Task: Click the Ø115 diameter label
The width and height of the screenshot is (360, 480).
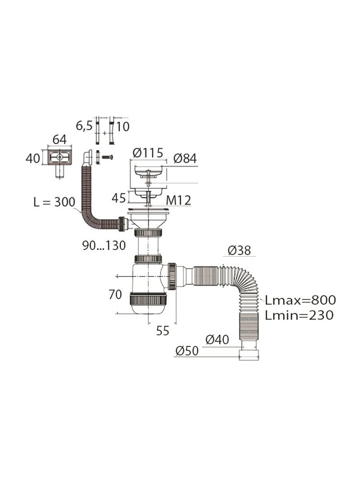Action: [x=148, y=153]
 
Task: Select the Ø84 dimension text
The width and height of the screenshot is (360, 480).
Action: [x=185, y=158]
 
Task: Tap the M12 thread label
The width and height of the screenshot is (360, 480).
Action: [x=179, y=201]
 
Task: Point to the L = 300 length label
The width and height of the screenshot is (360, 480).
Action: [x=54, y=202]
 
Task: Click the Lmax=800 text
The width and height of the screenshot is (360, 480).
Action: [x=300, y=300]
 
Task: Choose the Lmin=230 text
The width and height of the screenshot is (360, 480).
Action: [x=299, y=315]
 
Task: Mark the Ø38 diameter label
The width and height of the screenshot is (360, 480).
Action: [x=240, y=251]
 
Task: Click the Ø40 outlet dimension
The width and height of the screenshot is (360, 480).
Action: [x=217, y=339]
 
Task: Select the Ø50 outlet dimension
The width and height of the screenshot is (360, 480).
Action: [x=187, y=351]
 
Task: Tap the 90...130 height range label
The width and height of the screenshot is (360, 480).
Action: [x=104, y=245]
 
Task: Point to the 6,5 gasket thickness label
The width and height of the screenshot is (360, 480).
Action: [x=84, y=126]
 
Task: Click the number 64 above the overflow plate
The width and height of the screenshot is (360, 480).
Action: [x=60, y=140]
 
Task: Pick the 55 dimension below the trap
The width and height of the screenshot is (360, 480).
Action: [x=163, y=331]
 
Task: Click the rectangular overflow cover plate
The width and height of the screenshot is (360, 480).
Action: [x=60, y=157]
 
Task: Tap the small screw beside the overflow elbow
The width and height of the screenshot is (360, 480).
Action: [x=107, y=157]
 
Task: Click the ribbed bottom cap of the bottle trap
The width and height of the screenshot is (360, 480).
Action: [x=148, y=299]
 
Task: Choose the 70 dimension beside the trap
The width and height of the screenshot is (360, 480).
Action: [x=115, y=295]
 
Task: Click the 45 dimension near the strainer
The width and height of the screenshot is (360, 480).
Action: [x=119, y=198]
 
